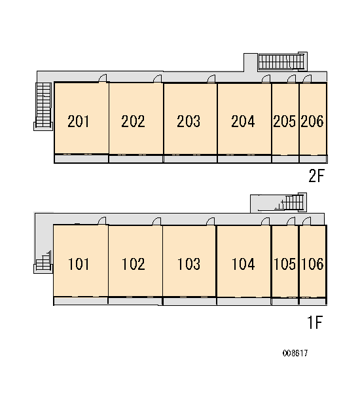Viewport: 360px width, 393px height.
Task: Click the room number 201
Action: (78, 121)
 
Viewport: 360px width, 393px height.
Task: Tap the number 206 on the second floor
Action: (312, 121)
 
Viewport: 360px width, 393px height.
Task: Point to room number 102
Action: (134, 264)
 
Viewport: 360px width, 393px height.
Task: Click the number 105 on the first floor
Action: (285, 264)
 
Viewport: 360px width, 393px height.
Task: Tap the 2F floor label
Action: (317, 176)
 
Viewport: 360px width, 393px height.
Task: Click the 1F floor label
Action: (315, 322)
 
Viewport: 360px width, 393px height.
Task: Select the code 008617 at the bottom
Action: (295, 353)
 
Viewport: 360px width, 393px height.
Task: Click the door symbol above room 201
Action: (103, 78)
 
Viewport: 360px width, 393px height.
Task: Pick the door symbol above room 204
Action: (266, 79)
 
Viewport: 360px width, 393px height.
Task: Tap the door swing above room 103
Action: (211, 221)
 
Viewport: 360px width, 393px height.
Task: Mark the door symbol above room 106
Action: (307, 221)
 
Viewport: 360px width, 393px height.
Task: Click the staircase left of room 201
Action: (43, 106)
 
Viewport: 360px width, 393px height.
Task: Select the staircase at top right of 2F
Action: (283, 62)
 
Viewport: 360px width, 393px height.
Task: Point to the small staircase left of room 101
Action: (43, 262)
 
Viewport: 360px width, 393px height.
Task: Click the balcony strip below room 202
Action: (136, 159)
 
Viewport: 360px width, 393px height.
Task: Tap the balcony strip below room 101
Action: (81, 301)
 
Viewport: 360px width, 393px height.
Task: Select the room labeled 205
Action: (285, 119)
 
